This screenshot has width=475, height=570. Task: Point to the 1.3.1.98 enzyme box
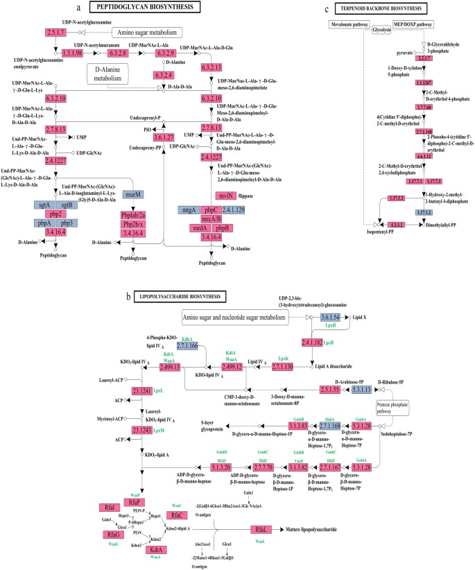[x=73, y=53]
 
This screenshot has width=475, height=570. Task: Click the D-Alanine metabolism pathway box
[x=105, y=73]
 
